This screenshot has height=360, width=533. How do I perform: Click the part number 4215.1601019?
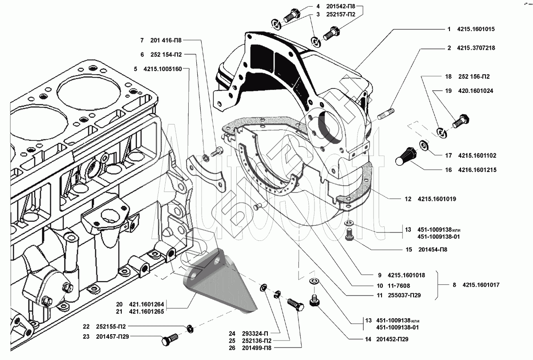pyautogui.click(x=437, y=199)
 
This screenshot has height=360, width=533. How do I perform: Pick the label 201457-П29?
pyautogui.click(x=112, y=336)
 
